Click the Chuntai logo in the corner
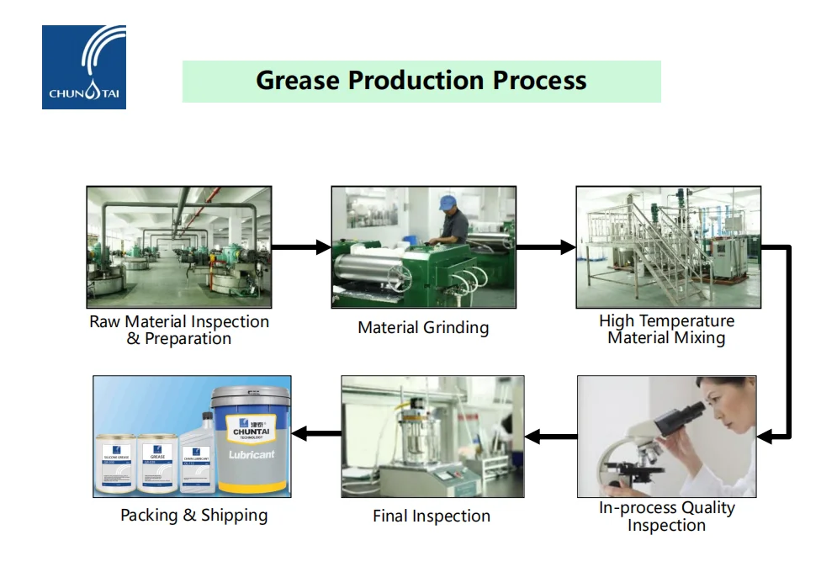pyautogui.click(x=83, y=66)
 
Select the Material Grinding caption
pyautogui.click(x=423, y=327)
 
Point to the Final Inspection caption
pyautogui.click(x=432, y=516)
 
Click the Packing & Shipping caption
pyautogui.click(x=193, y=515)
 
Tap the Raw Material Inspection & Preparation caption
pyautogui.click(x=179, y=330)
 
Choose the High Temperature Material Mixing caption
pyautogui.click(x=666, y=329)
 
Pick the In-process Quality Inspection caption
pyautogui.click(x=666, y=516)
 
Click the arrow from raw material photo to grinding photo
pyautogui.click(x=301, y=247)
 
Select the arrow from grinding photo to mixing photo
pyautogui.click(x=546, y=247)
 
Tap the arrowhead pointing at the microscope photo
pyautogui.click(x=765, y=436)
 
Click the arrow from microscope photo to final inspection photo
pyautogui.click(x=551, y=436)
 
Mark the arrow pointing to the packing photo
pyautogui.click(x=315, y=434)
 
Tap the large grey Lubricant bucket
pyautogui.click(x=250, y=442)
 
